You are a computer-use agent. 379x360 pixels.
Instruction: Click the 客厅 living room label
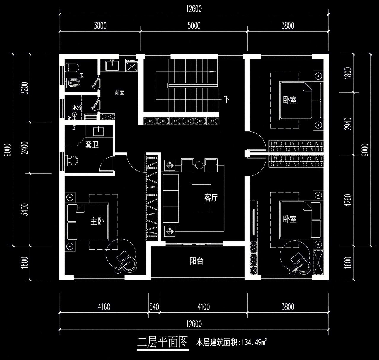pyautogui.click(x=211, y=198)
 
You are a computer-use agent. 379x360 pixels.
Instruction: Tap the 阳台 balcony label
pyautogui.click(x=196, y=261)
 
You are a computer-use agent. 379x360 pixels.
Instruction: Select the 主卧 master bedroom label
pyautogui.click(x=97, y=221)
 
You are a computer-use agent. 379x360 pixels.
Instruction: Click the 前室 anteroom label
pyautogui.click(x=120, y=93)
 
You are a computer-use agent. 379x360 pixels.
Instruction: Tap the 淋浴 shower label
pyautogui.click(x=76, y=107)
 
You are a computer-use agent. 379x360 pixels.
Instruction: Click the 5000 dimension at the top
pyautogui.click(x=194, y=26)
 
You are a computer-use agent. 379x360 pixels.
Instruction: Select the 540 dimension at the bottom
pyautogui.click(x=154, y=307)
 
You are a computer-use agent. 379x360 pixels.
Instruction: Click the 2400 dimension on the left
pyautogui.click(x=25, y=148)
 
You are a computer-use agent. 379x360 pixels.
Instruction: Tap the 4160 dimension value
pyautogui.click(x=104, y=307)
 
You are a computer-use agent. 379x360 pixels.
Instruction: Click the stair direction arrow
pyautogui.click(x=212, y=72)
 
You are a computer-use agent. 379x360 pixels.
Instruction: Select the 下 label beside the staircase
pyautogui.click(x=227, y=99)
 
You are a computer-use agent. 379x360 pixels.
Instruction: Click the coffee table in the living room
pyautogui.click(x=201, y=198)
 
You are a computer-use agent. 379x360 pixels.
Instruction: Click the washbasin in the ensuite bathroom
pyautogui.click(x=99, y=131)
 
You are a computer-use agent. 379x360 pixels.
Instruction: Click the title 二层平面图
pyautogui.click(x=163, y=342)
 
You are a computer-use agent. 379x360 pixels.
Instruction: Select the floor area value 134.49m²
pyautogui.click(x=254, y=343)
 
